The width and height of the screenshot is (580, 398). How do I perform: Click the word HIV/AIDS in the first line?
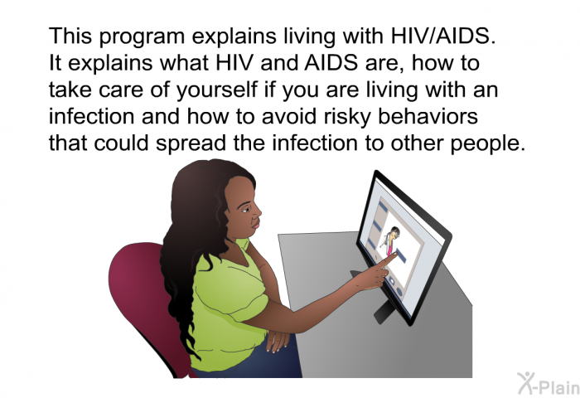coord(442,36)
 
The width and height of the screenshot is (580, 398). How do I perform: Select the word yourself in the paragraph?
coord(216,91)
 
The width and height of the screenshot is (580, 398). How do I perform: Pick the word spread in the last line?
coord(191,143)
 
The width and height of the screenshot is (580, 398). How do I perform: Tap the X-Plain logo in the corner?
coord(549,383)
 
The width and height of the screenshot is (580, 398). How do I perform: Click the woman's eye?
coord(246,210)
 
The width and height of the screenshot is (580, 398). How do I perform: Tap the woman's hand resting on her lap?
coord(277,340)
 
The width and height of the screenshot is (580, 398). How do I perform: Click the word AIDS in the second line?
coord(331,63)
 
